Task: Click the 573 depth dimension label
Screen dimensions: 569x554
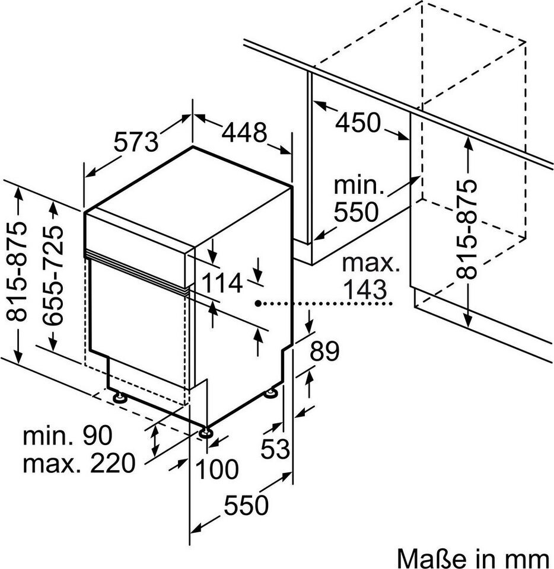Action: [136, 143]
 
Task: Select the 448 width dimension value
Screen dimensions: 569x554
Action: [244, 133]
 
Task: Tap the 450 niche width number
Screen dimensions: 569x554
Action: [358, 123]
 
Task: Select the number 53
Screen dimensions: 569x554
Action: [276, 449]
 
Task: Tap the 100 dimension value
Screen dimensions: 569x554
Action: [216, 469]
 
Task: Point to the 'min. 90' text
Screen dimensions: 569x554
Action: [67, 437]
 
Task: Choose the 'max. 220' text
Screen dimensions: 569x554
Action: [79, 463]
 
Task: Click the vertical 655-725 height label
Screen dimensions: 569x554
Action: [54, 276]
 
